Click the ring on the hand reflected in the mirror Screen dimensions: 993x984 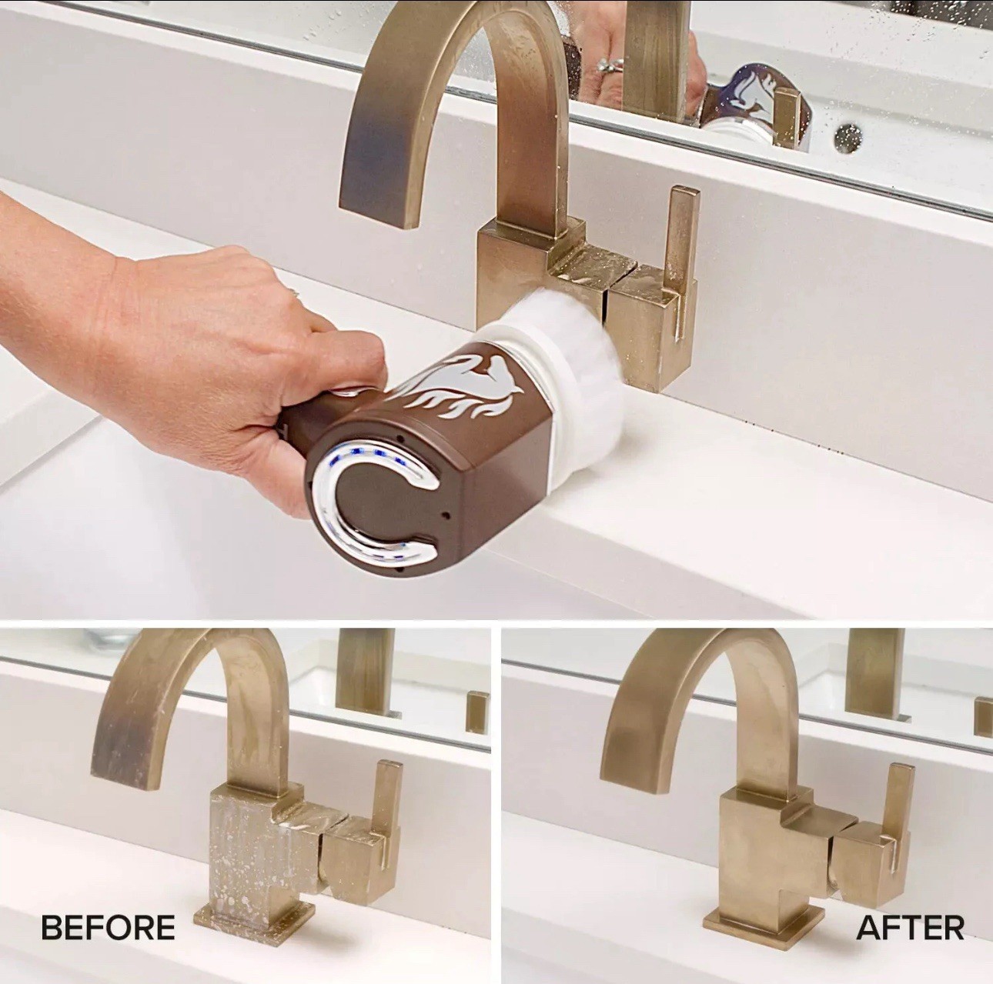coord(609,65)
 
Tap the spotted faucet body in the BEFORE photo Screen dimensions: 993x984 coord(252,845)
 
